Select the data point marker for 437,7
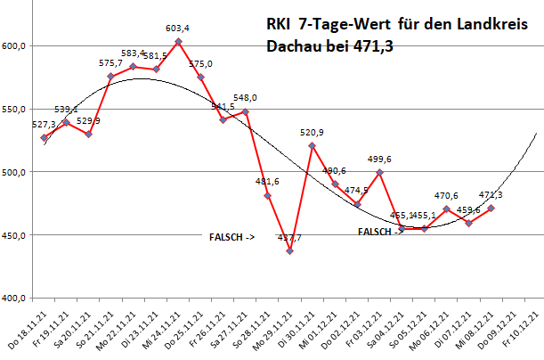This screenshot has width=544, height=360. pos(290,251)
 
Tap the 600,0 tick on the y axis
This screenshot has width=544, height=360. pos(19,45)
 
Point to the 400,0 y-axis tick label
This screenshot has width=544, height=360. pos(19,299)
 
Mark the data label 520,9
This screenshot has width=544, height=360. pos(313,133)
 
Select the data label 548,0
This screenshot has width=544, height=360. pos(246,98)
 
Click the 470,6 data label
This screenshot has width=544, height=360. pos(447,196)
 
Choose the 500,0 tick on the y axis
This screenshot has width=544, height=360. pos(19,172)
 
